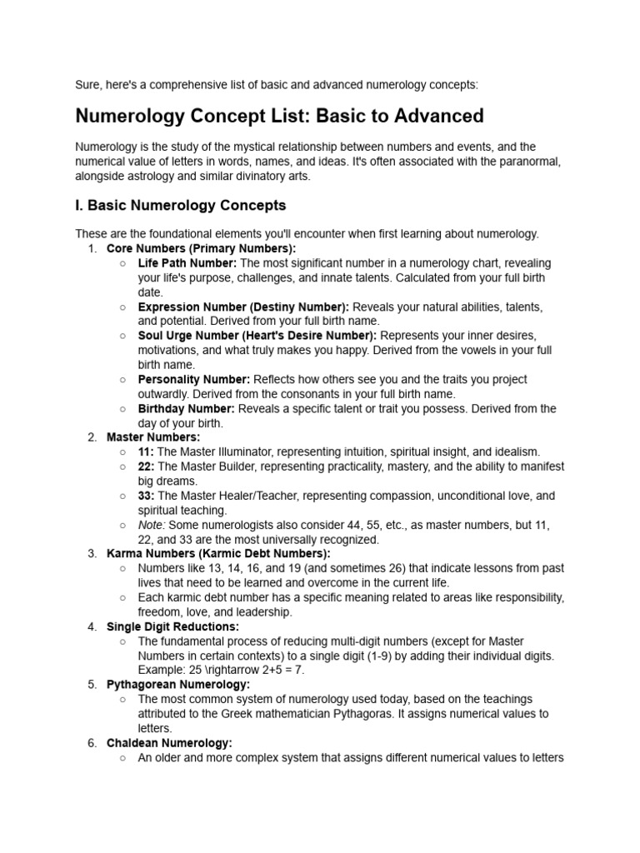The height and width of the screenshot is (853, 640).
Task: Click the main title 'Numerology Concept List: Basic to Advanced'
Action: coord(279,115)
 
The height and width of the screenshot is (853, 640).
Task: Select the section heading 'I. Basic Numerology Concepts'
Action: coord(181,205)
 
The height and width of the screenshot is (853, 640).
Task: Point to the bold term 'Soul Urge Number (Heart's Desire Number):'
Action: coord(257,336)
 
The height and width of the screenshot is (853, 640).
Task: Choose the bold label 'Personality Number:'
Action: coord(194,379)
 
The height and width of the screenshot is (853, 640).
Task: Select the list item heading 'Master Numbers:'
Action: coord(153,437)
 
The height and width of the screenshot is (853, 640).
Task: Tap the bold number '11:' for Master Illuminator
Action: coord(146,451)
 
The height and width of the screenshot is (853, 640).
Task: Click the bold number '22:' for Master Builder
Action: coord(146,466)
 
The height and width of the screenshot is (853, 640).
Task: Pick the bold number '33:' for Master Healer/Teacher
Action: coord(146,496)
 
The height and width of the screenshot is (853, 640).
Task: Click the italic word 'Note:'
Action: coord(152,526)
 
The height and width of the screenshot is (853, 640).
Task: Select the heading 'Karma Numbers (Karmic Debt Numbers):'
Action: coord(218,554)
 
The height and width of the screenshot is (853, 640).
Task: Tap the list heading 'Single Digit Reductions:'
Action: coord(172,626)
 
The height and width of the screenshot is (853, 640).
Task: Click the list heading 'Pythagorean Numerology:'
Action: coord(178,684)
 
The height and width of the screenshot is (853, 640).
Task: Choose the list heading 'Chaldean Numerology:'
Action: coord(169,743)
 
